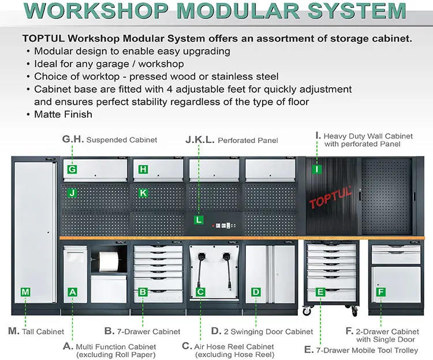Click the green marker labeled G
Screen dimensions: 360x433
(x=72, y=170)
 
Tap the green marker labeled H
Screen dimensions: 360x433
(x=143, y=170)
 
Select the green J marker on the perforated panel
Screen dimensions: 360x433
(x=72, y=193)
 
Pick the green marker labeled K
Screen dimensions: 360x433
(x=143, y=193)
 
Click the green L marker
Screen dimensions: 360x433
(x=199, y=220)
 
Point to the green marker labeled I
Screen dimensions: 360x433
(x=316, y=170)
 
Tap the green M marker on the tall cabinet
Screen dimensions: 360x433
(x=25, y=292)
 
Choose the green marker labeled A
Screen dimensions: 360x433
(x=73, y=292)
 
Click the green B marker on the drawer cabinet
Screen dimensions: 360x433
(x=143, y=292)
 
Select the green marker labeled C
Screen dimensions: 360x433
(x=200, y=292)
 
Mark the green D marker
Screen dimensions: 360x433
(x=256, y=292)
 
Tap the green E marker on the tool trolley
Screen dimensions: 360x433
(x=320, y=292)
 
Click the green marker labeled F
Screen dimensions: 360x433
(x=380, y=292)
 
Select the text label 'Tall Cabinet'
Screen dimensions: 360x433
(x=43, y=332)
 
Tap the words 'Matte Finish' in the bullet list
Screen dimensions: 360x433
(x=64, y=114)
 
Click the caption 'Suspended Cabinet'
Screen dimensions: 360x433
(x=121, y=140)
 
